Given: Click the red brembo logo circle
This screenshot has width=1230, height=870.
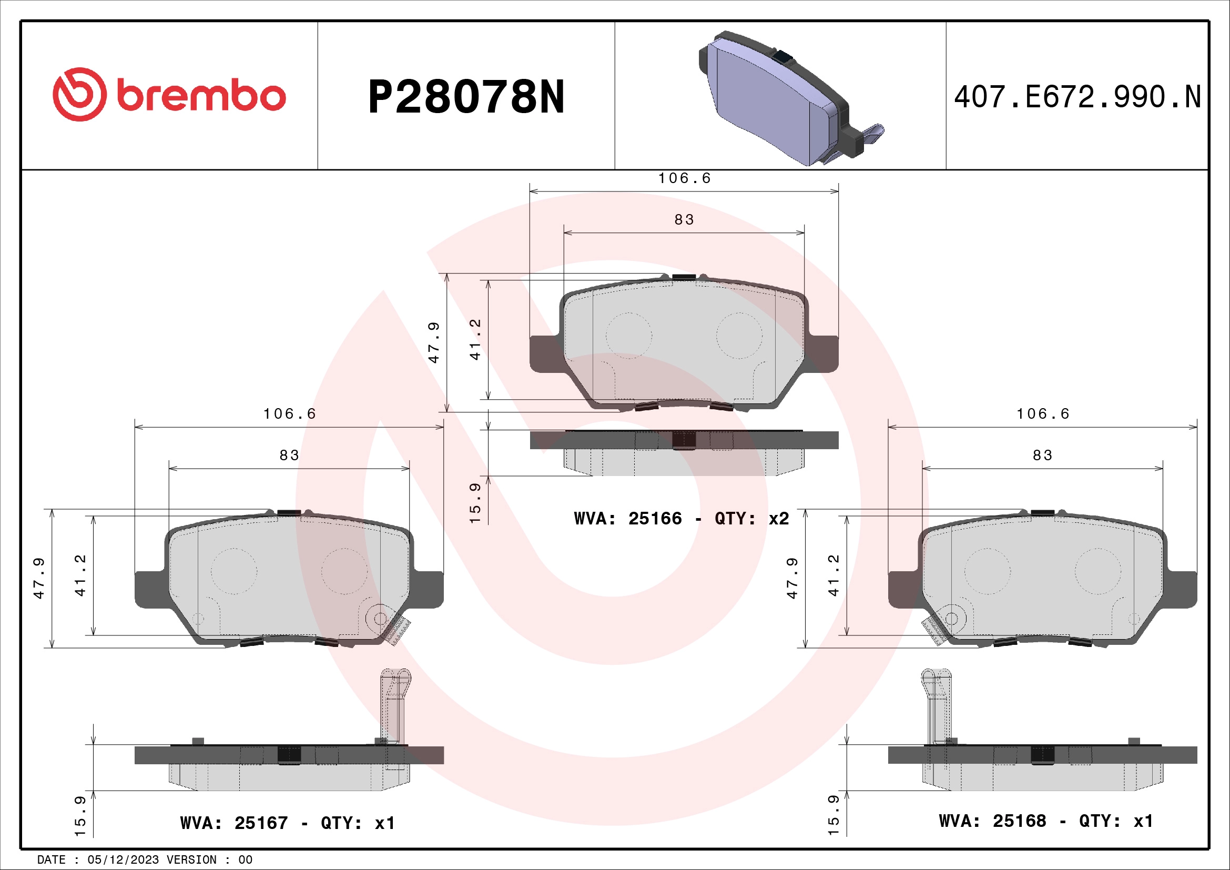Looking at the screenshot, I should tap(79, 94).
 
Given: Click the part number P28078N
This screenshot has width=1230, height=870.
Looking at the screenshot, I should tap(465, 97).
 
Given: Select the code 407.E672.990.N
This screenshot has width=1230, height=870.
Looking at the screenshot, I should tap(1077, 97).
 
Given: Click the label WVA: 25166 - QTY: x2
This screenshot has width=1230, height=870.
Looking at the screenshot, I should tap(681, 519).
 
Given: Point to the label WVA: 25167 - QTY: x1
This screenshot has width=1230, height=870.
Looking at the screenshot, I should tap(287, 823).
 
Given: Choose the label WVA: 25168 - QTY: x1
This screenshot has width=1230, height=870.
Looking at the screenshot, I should tap(1045, 821).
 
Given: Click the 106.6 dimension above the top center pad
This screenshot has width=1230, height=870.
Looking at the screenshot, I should tap(684, 178).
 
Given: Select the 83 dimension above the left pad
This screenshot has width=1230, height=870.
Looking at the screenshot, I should tap(289, 456).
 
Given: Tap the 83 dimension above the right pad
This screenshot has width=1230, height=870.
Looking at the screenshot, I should tap(1042, 456).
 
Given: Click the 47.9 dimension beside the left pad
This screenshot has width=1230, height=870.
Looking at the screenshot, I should tap(39, 578).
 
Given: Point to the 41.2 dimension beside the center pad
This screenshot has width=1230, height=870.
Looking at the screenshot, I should tap(475, 340).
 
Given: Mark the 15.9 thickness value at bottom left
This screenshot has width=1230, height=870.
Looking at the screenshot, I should tap(80, 816).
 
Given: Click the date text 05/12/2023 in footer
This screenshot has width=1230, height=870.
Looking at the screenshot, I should tap(123, 860).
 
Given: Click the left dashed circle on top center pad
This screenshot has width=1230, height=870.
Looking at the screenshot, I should tap(628, 336).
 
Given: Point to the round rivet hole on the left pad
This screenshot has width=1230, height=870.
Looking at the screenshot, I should tap(380, 618).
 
